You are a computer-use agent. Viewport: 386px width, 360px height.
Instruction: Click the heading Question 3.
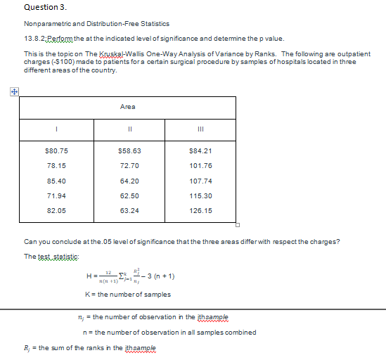point(46,8)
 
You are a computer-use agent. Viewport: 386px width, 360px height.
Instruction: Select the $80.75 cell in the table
point(56,151)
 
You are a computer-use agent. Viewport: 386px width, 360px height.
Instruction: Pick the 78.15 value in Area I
point(56,166)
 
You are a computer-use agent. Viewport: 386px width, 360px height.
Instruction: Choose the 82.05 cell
point(56,210)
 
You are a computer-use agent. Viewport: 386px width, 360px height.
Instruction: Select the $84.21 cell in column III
point(200,151)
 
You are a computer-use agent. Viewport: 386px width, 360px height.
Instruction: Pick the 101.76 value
point(200,166)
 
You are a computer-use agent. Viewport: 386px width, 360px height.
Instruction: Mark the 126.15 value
point(200,210)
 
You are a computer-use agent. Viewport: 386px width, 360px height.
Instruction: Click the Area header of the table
point(127,106)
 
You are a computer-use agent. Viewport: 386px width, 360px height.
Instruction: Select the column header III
point(200,129)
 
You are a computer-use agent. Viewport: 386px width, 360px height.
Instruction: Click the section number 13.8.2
point(37,39)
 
